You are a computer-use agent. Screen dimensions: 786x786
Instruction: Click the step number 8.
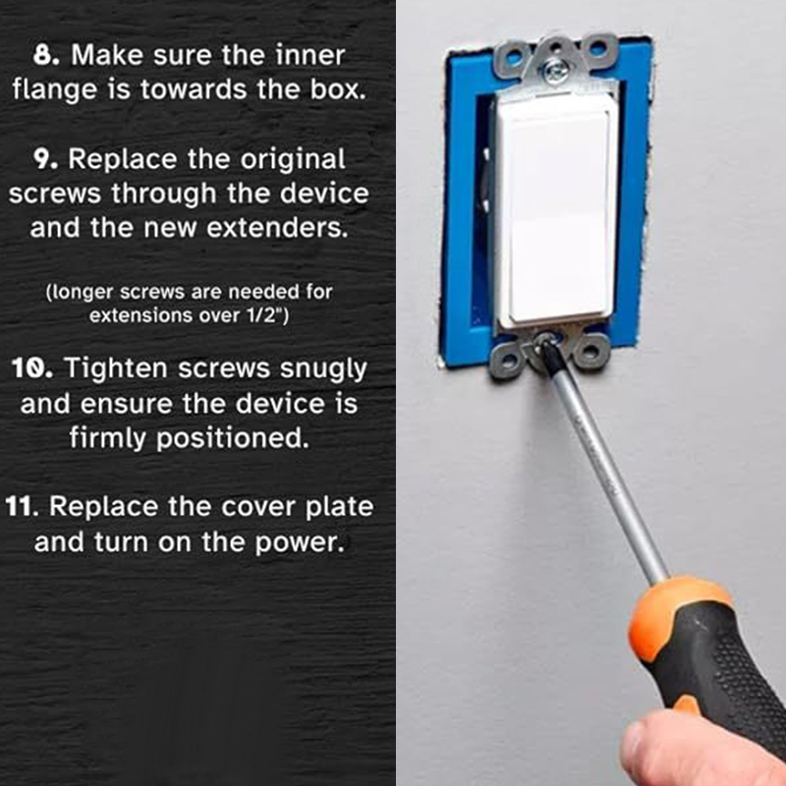pyautogui.click(x=46, y=55)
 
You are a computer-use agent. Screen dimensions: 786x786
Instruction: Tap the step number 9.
pyautogui.click(x=46, y=159)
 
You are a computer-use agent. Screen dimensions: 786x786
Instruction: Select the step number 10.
pyautogui.click(x=32, y=368)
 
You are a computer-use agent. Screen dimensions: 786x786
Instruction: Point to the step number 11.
pyautogui.click(x=22, y=506)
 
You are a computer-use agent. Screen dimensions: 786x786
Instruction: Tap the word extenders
pyautogui.click(x=277, y=228)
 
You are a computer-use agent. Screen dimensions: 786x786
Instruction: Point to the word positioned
pyautogui.click(x=233, y=439)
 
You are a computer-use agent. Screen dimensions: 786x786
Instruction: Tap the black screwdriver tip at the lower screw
pyautogui.click(x=548, y=355)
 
